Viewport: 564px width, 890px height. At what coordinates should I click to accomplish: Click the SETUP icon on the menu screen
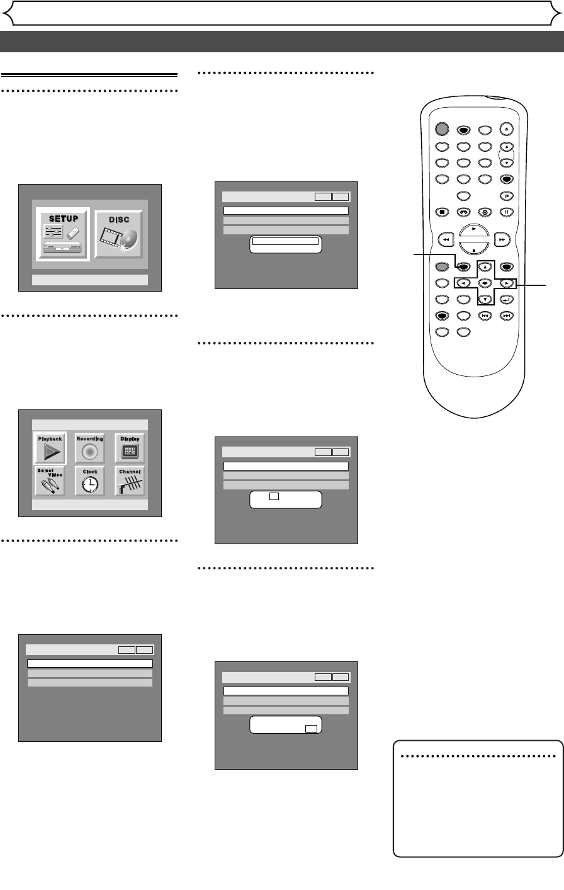click(63, 233)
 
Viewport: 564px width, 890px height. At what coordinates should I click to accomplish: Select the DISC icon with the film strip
click(118, 233)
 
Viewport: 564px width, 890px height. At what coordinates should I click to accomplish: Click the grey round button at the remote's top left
click(442, 129)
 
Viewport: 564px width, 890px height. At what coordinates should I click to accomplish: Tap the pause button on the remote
click(505, 212)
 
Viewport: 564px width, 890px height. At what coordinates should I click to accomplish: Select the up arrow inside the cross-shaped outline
click(485, 266)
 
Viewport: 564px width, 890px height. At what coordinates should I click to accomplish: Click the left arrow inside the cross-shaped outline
click(463, 283)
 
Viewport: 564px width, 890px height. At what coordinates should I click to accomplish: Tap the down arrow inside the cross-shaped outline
click(485, 299)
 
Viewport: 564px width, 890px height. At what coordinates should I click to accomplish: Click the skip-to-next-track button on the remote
click(505, 315)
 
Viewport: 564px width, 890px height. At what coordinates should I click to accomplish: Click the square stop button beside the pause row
click(443, 212)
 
